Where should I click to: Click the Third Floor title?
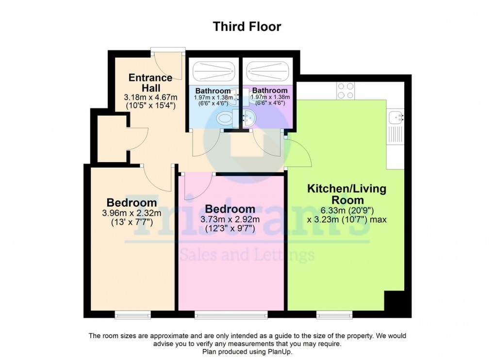tap(247, 27)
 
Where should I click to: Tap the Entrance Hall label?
tap(150, 82)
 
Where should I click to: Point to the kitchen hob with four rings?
tap(346, 90)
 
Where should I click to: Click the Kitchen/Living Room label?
tap(346, 194)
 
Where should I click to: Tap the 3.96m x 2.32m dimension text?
tap(132, 213)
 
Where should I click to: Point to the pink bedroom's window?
tap(231, 315)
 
